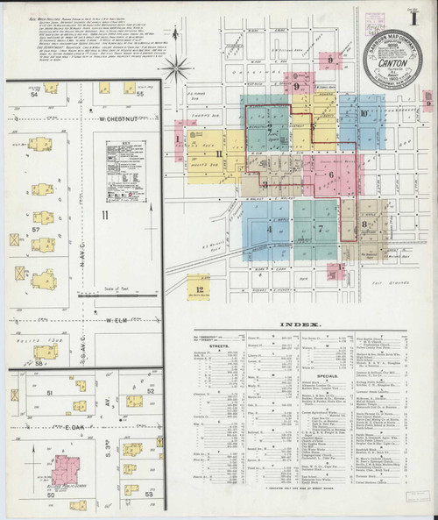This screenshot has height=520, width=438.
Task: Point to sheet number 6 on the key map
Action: [x=331, y=174]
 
